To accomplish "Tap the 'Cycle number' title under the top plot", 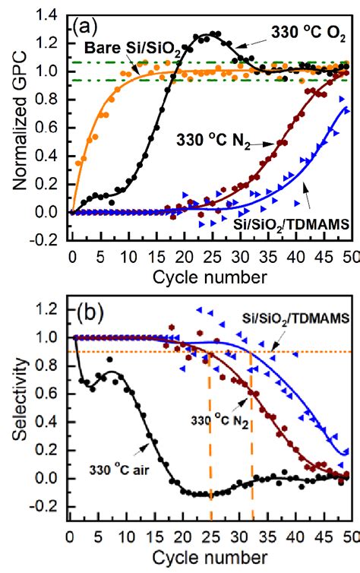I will [207, 273].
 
